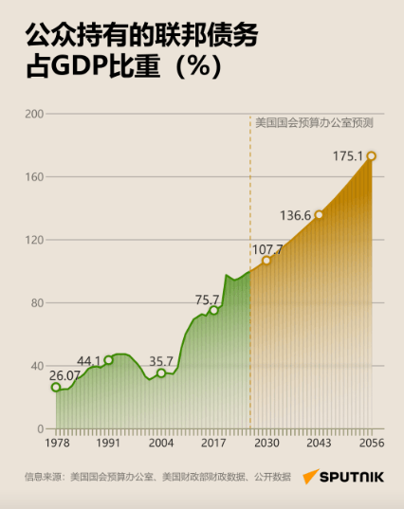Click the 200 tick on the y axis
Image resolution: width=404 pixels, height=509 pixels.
[34, 114]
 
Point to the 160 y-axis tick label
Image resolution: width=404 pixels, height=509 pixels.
[34, 177]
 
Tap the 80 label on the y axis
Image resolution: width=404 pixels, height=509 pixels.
[37, 303]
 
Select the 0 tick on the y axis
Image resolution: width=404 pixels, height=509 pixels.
[40, 428]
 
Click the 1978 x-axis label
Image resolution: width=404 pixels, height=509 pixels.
[57, 443]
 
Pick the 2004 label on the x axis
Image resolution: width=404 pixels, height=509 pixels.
[161, 443]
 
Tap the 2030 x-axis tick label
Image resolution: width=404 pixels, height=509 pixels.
[266, 443]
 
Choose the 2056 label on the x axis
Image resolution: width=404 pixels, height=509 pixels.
[372, 443]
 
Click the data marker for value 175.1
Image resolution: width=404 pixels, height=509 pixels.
[371, 156]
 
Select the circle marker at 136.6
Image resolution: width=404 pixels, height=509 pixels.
[319, 215]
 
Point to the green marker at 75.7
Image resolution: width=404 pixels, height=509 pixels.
[213, 310]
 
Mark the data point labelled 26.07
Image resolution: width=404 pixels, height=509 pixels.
[56, 387]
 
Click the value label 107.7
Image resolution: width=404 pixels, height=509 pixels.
[267, 249]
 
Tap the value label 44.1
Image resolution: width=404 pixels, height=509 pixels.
[88, 361]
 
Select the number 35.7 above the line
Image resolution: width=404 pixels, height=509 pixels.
[161, 361]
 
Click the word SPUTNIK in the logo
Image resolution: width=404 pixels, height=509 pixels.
[352, 477]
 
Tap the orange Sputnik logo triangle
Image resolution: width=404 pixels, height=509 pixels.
[309, 476]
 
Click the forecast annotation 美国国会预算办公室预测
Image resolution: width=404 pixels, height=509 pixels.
[314, 123]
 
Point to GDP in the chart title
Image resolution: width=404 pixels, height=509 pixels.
[79, 66]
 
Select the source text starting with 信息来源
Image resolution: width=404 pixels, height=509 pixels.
[157, 477]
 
